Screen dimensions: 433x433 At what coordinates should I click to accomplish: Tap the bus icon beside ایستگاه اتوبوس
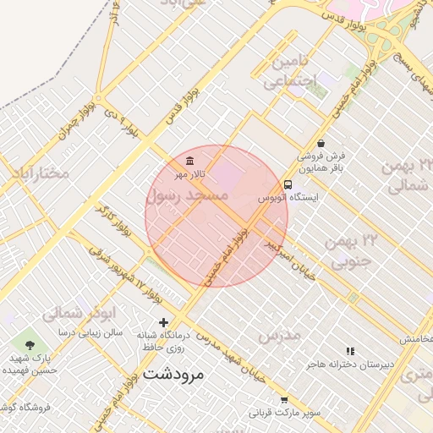pyautogui.click(x=288, y=184)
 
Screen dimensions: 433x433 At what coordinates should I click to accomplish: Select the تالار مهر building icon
pyautogui.click(x=189, y=162)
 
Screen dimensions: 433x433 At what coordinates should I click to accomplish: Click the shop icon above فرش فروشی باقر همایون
pyautogui.click(x=321, y=143)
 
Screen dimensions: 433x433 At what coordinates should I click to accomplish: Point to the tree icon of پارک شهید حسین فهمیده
pyautogui.click(x=31, y=344)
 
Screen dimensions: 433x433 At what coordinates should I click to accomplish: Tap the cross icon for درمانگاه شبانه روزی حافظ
pyautogui.click(x=163, y=322)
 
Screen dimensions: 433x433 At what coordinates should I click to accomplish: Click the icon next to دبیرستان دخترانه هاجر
pyautogui.click(x=350, y=351)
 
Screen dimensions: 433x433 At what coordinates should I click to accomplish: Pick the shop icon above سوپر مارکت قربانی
pyautogui.click(x=284, y=400)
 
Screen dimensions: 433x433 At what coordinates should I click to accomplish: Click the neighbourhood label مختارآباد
pyautogui.click(x=39, y=173)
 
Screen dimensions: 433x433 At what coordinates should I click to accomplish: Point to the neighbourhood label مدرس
pyautogui.click(x=279, y=336)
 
